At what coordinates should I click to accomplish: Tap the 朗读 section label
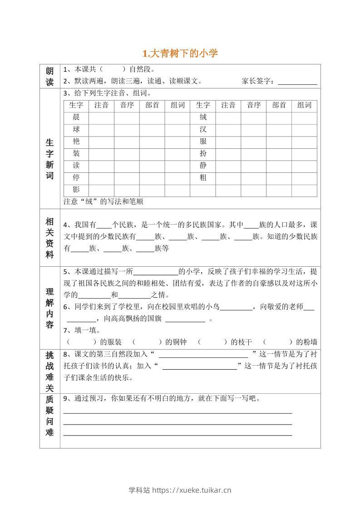[49, 76]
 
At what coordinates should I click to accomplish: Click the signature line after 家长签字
[297, 82]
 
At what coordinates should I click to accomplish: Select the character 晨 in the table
[76, 117]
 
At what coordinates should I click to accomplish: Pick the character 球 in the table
[76, 129]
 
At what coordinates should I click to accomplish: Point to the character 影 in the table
[76, 190]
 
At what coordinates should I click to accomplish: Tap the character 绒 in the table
[203, 117]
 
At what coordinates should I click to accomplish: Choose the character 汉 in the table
[203, 129]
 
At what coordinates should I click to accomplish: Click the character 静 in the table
[203, 166]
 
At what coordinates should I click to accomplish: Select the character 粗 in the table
[203, 178]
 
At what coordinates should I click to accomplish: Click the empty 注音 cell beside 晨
[101, 117]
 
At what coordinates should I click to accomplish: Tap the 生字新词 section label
[49, 159]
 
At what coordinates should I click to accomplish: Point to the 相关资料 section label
[49, 238]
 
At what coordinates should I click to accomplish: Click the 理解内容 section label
[49, 308]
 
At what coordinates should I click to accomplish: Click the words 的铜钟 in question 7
[176, 342]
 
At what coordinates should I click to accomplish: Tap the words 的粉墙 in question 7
[306, 342]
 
